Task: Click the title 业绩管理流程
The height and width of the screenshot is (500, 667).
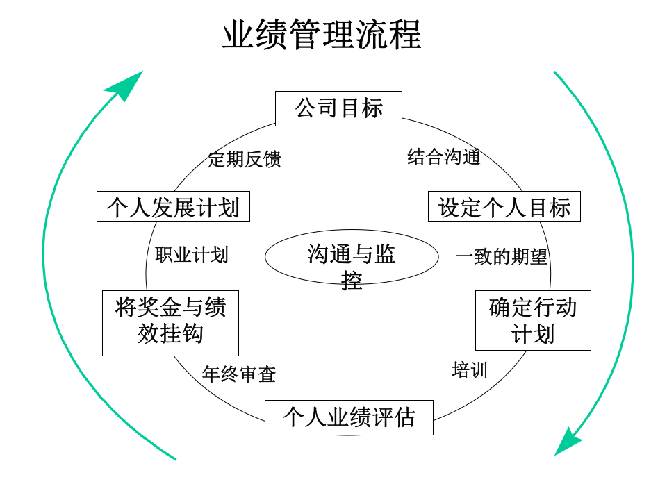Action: point(322,35)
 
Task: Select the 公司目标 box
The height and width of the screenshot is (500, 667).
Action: point(338,109)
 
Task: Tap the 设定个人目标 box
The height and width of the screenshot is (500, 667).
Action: point(504,207)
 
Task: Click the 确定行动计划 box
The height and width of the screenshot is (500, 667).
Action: point(533,320)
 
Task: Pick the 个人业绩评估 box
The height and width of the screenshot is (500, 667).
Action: point(349,417)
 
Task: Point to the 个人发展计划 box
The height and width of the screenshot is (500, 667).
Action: point(173,207)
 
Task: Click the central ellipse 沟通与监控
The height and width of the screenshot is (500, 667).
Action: point(352,258)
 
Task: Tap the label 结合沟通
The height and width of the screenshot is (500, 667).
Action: point(444,157)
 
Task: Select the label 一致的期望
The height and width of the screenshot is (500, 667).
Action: point(501,258)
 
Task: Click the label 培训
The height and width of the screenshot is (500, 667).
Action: point(470,370)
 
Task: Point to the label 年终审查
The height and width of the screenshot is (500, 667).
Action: point(239,375)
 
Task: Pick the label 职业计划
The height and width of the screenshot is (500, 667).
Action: point(192,255)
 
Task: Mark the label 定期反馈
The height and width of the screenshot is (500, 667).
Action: point(245,160)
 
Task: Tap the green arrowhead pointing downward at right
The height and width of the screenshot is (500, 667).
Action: point(568,441)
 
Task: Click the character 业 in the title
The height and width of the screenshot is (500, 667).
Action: point(236,35)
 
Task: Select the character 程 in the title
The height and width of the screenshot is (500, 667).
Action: point(405,35)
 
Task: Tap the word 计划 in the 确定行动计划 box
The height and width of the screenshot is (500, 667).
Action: point(533,334)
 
